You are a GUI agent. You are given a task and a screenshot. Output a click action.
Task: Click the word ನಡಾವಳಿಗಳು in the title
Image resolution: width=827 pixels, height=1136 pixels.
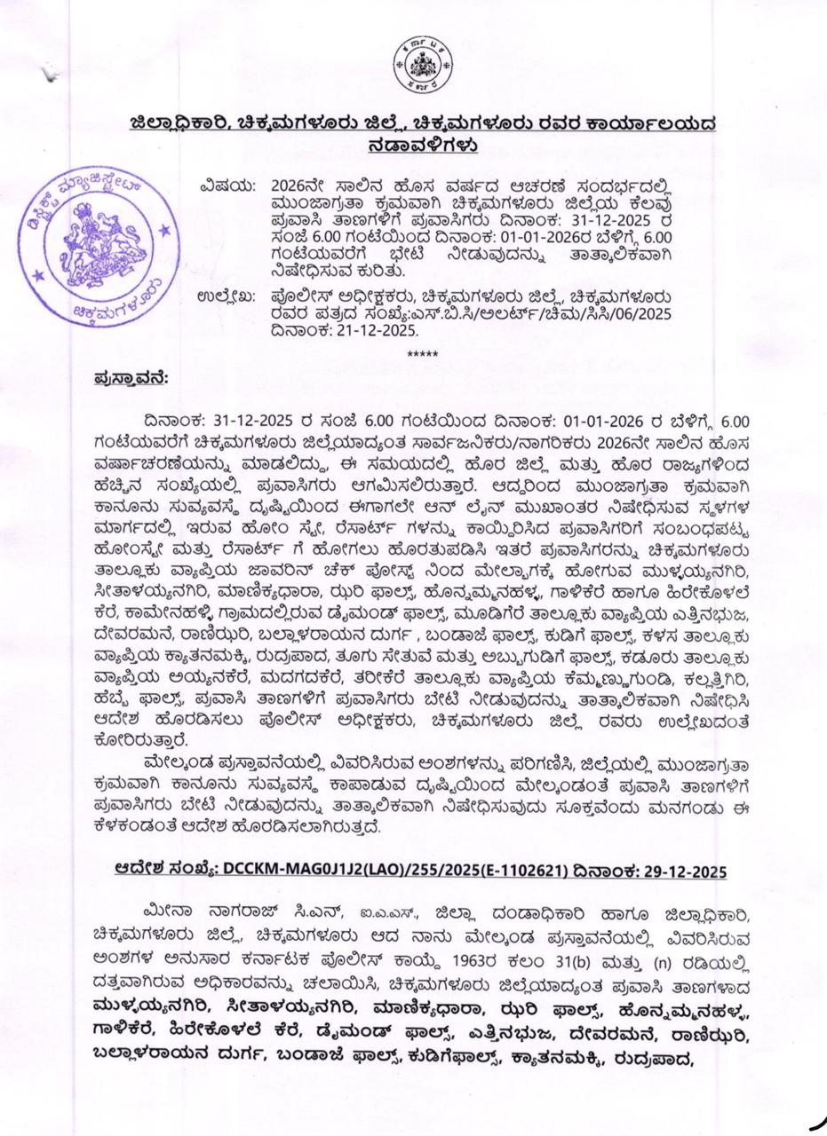(x=422, y=144)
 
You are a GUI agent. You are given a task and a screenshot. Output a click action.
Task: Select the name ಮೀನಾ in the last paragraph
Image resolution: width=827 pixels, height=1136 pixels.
(x=172, y=912)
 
